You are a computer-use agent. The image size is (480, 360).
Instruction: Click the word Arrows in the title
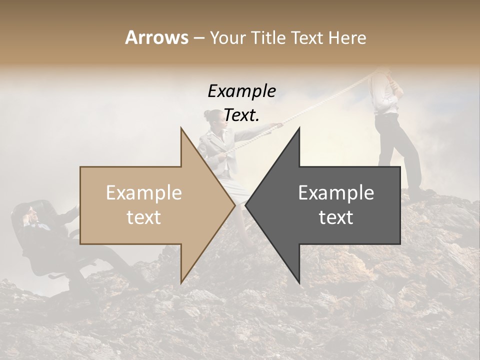[156, 37]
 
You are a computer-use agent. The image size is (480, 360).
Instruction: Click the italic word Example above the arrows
[241, 91]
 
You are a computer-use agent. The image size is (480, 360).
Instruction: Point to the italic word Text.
[241, 115]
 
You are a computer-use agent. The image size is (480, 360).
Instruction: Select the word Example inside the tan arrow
[144, 193]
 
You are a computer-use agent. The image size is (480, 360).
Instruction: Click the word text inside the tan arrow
[144, 217]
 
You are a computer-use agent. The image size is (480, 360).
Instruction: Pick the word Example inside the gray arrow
[336, 193]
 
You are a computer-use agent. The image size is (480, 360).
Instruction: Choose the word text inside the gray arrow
[336, 217]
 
